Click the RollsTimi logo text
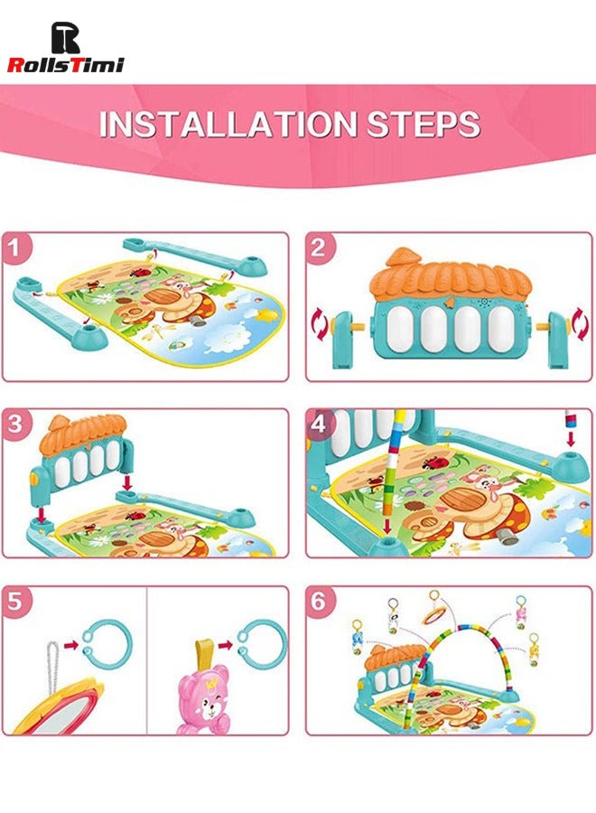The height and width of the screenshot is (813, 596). [x=65, y=64]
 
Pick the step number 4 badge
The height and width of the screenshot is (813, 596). [x=318, y=425]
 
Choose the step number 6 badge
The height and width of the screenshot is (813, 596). [x=318, y=603]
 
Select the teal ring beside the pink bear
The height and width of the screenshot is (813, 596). [x=263, y=642]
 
